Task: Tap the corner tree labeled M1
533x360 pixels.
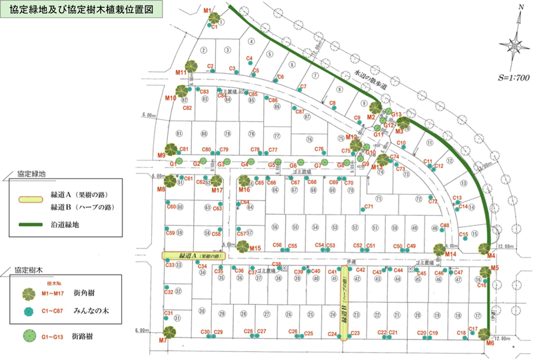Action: pos(215,19)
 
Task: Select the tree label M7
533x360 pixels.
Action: pos(162,341)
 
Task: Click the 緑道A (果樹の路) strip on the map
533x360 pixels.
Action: pos(195,255)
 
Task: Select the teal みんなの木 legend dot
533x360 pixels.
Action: pos(29,311)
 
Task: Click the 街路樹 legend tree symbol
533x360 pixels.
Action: pos(30,335)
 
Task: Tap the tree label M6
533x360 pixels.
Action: pos(490,343)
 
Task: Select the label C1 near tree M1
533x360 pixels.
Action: pos(215,27)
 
